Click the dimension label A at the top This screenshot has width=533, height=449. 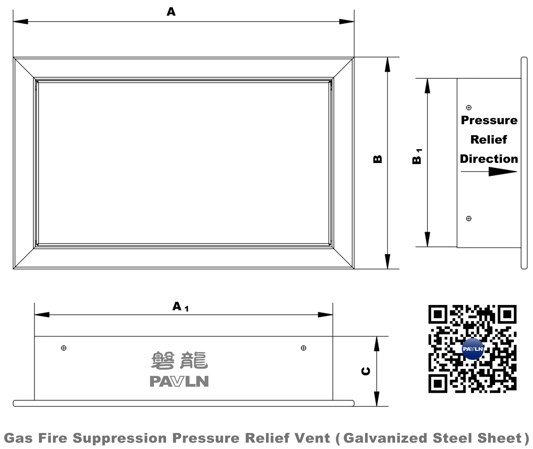coord(171,12)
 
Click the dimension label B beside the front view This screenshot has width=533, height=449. coord(378,159)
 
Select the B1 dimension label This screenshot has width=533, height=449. coord(417,157)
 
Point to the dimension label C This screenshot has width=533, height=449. coord(366,371)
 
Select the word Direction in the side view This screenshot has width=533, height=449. coord(489,159)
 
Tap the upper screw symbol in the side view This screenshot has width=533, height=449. coord(469,108)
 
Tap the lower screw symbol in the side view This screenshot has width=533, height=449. coord(469,219)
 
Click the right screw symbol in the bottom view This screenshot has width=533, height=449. coord(304,348)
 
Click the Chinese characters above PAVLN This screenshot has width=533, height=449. coord(179,361)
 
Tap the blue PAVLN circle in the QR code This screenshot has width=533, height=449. coord(473,349)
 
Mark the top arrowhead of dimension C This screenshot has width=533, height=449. coord(377,344)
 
